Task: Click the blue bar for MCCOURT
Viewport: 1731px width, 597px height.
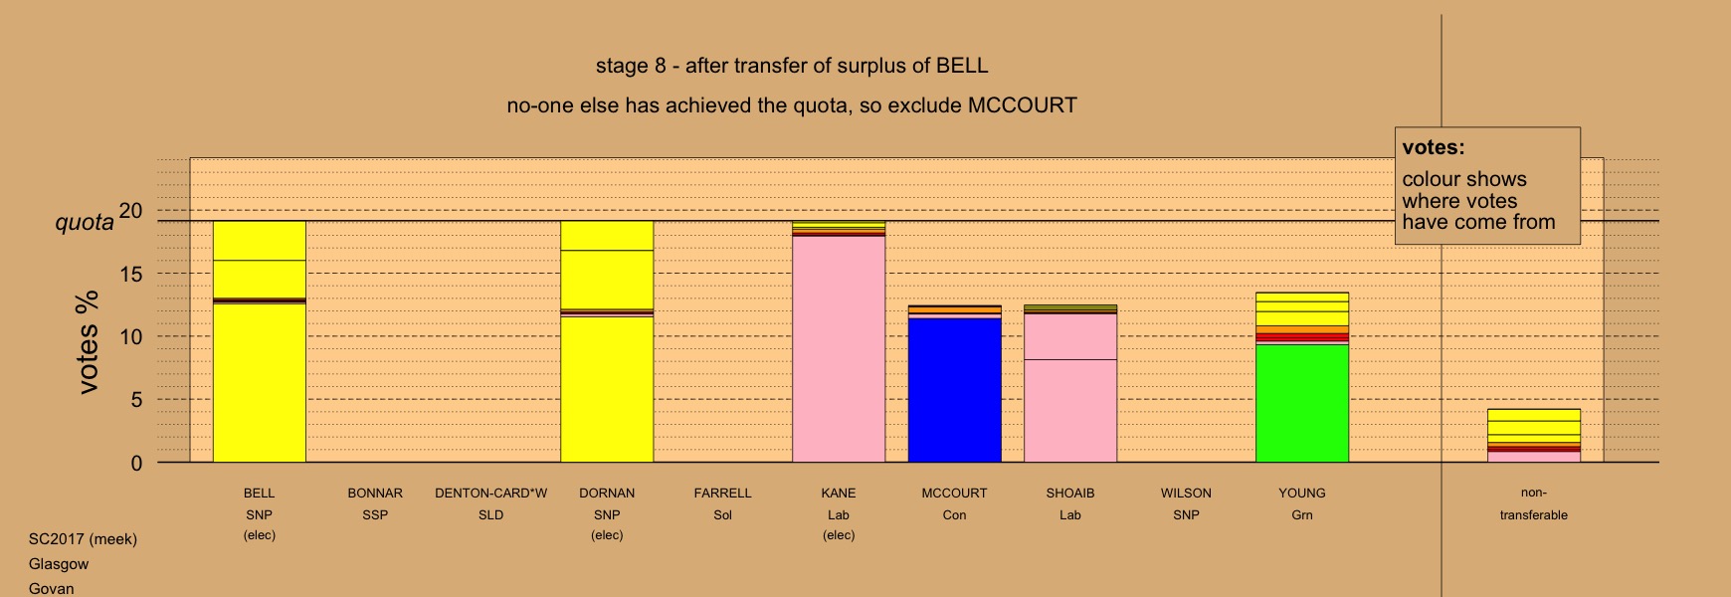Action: pos(954,390)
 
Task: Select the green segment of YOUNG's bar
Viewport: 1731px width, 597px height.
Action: pos(1302,403)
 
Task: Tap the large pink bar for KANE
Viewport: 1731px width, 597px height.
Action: pos(839,349)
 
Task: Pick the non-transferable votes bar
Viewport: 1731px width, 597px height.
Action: pos(1533,436)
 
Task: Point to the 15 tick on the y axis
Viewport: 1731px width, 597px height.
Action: pos(131,274)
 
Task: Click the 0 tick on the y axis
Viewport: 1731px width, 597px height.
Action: pos(136,463)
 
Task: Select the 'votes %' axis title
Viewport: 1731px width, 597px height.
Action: pos(88,341)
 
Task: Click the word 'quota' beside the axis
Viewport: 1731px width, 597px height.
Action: pos(85,222)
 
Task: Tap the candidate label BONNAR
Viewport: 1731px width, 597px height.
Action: pos(375,493)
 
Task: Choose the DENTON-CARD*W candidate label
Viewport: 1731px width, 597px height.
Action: pos(490,493)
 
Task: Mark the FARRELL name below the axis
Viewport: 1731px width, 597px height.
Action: pos(722,493)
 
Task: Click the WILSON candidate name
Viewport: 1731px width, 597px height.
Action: pos(1186,493)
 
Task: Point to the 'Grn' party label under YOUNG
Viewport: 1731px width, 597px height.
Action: pos(1302,514)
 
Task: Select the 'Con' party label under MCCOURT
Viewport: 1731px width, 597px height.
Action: pos(954,514)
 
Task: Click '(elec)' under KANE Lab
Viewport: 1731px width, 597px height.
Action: pos(839,535)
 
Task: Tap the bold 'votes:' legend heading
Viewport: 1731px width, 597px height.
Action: pos(1434,147)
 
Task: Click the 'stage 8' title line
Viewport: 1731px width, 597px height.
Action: pos(792,66)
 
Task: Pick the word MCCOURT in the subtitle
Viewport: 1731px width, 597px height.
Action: pos(1023,105)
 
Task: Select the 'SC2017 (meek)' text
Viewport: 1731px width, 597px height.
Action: pos(83,539)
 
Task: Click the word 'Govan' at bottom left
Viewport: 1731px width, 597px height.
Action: pos(51,588)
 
